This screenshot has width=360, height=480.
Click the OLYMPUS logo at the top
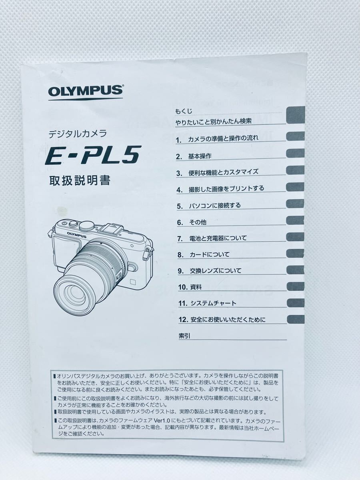click(x=86, y=92)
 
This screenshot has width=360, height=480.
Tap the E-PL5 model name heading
click(x=93, y=156)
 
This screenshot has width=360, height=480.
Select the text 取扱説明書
click(x=79, y=180)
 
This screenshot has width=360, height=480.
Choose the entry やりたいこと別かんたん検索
click(x=213, y=121)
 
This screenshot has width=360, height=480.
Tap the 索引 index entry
click(x=184, y=336)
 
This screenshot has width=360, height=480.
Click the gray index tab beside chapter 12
click(x=295, y=319)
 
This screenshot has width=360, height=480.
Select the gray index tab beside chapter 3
click(x=295, y=170)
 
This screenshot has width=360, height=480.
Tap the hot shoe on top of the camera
click(x=109, y=229)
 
